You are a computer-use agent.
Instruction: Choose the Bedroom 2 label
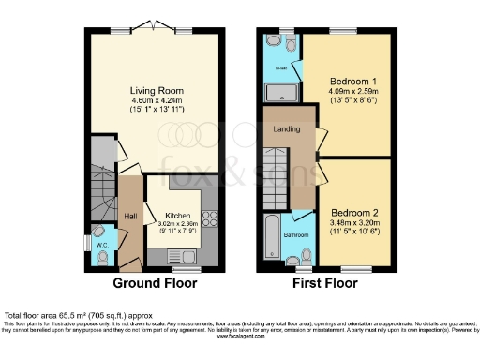[x=352, y=211]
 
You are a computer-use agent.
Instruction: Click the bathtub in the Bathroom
[x=270, y=236]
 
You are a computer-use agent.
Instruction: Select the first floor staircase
[x=276, y=192]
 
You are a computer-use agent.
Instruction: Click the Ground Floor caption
[x=156, y=282]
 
